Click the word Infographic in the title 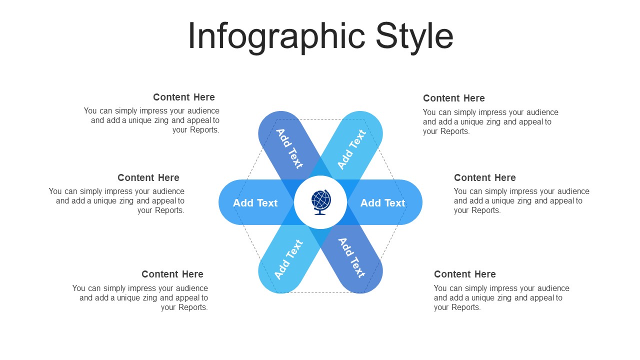pos(276,37)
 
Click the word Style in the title pos(414,37)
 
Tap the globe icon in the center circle pos(321,202)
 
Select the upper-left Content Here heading pos(183,97)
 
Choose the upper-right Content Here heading pos(453,98)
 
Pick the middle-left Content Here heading pos(148,177)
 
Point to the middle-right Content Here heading pos(485,177)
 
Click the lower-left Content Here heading pos(172,274)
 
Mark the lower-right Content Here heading pos(465,274)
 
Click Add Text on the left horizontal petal pos(255,203)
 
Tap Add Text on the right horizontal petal pos(382,203)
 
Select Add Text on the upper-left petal pos(289,148)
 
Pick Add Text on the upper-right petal pos(351,149)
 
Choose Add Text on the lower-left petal pos(288,259)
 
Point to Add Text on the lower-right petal pos(351,257)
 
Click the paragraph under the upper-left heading pos(151,120)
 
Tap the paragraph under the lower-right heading pos(501,297)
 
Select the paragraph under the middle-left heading pos(116,200)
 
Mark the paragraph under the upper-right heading pos(490,121)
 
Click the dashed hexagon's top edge pos(320,119)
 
